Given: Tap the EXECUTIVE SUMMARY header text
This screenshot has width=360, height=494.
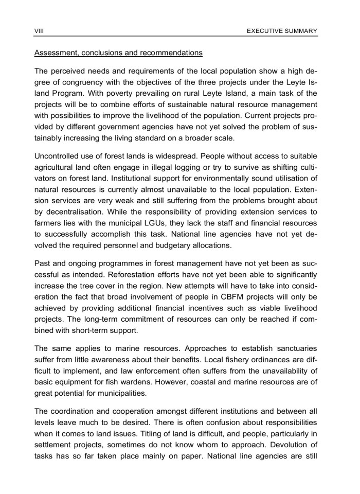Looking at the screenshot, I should click(282, 31).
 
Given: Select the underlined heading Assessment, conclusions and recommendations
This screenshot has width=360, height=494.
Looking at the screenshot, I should click(118, 53).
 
